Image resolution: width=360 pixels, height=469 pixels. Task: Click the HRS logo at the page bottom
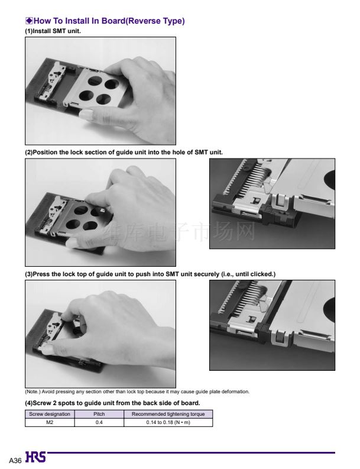36,457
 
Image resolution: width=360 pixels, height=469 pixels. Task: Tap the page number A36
15,460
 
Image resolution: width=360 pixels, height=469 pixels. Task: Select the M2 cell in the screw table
50,422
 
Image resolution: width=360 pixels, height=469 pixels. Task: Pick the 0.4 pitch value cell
99,422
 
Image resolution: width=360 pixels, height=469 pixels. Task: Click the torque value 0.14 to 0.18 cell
168,422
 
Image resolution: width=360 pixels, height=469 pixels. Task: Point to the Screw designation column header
50,414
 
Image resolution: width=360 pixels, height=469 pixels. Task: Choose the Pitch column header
99,414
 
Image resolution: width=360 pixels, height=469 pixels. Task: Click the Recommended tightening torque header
168,414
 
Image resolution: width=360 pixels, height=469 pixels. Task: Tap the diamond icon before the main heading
29,21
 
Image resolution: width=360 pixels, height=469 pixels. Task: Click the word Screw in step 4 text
42,403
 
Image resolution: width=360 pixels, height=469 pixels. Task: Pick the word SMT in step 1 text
59,31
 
